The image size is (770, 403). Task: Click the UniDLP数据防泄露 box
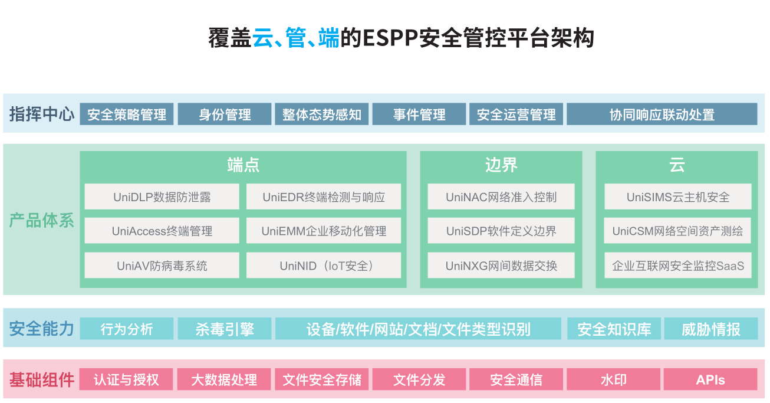click(162, 197)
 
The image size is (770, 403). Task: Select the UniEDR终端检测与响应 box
click(324, 197)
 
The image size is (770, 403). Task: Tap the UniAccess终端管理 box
click(162, 231)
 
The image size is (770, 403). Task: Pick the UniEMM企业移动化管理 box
click(324, 231)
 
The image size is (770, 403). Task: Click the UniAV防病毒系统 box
click(162, 266)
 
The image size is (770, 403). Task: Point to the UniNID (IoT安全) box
click(324, 266)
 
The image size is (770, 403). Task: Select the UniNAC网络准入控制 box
click(501, 197)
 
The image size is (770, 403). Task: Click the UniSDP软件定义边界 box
click(501, 231)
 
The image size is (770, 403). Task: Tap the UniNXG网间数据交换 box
click(501, 266)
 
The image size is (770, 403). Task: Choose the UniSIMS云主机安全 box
click(677, 197)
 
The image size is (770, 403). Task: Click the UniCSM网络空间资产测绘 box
click(677, 231)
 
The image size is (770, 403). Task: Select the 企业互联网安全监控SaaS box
click(677, 266)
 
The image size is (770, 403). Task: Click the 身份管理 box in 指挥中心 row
click(225, 114)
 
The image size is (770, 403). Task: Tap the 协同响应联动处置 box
click(662, 114)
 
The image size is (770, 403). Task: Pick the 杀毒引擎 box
click(225, 329)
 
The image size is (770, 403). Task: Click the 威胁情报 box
click(710, 329)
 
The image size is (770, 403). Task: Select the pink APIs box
click(710, 379)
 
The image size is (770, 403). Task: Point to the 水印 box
click(613, 379)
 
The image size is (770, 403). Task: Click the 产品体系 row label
click(41, 221)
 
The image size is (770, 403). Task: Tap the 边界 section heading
click(501, 165)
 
